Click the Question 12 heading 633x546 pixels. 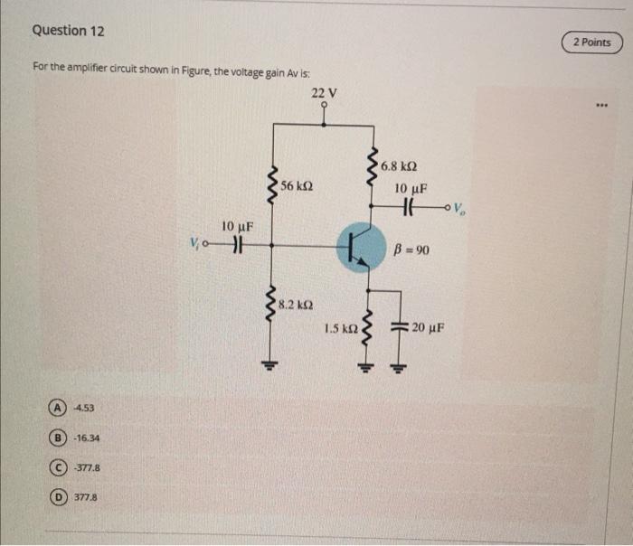(x=68, y=31)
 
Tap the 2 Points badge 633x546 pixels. (x=591, y=42)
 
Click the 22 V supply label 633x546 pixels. (x=323, y=93)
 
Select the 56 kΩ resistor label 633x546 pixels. (x=297, y=185)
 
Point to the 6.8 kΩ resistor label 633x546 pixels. (x=399, y=166)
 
